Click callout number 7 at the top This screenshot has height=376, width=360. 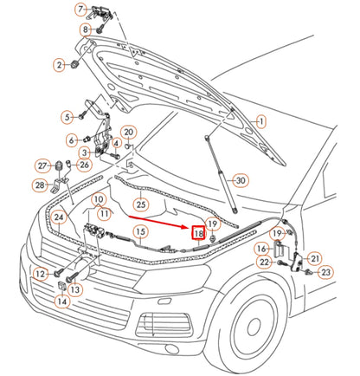(x=81, y=10)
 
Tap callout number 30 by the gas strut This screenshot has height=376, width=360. (x=240, y=180)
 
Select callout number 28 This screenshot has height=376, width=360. (x=40, y=185)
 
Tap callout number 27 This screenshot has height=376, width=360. (x=41, y=166)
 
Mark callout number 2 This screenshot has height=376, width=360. (x=60, y=65)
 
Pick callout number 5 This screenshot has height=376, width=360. (x=67, y=116)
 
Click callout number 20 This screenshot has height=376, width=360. (x=128, y=133)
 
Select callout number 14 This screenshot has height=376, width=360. (x=61, y=301)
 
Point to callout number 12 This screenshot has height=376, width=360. (x=39, y=275)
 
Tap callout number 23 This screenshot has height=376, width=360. (x=325, y=272)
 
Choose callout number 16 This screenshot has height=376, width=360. (x=261, y=249)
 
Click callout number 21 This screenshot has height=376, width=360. (x=314, y=257)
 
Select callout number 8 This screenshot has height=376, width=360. (x=86, y=29)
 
